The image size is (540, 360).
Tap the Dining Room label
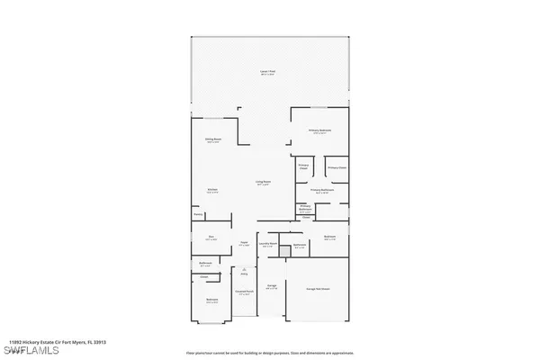coord(212,140)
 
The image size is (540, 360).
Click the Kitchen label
coord(212,191)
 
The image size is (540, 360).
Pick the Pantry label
coord(197,215)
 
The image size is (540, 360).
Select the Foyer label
coord(243,243)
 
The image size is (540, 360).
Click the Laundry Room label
coord(267,244)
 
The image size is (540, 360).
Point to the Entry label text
coord(243,274)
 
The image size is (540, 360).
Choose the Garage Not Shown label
coord(317,289)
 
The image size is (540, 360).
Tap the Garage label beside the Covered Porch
coord(271,287)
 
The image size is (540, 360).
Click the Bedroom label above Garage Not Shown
coord(330,238)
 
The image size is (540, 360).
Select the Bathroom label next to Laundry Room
coord(300,245)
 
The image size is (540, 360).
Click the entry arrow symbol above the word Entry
coord(243,268)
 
